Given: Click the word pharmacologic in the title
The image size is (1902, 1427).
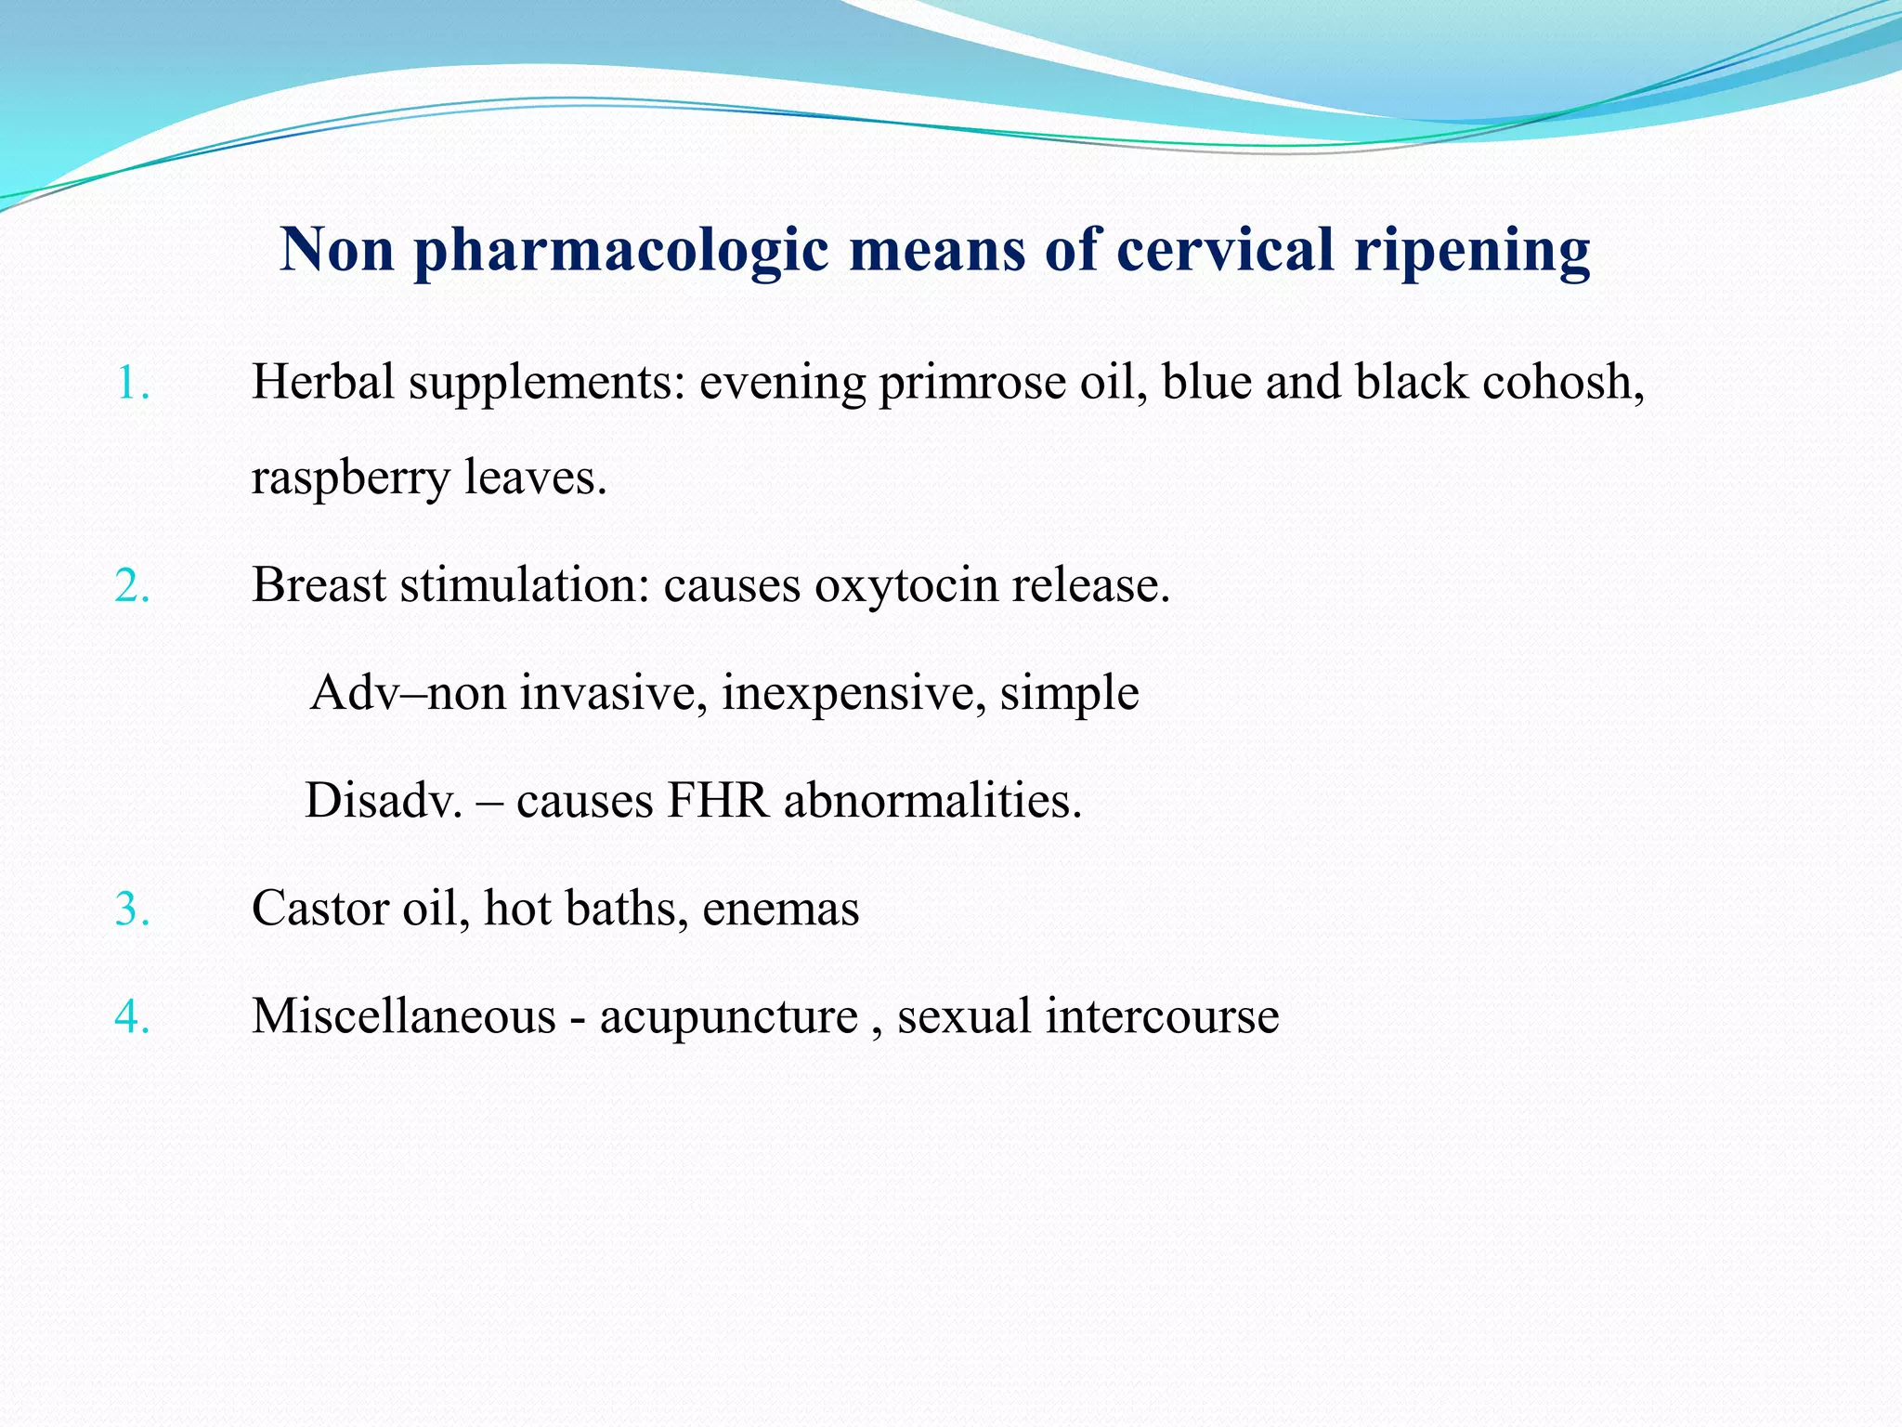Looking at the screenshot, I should [x=620, y=251].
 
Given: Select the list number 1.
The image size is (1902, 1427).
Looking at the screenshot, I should [x=133, y=383].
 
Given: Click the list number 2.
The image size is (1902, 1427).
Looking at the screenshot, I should [x=133, y=585].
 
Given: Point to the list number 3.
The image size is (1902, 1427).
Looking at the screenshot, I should [x=133, y=909].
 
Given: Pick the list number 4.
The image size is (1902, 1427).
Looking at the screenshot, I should [x=133, y=1016].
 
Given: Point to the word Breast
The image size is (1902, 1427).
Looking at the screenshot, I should [x=319, y=585].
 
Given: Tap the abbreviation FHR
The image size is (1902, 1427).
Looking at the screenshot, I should [x=718, y=801].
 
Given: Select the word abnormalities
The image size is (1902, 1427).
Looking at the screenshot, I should [x=932, y=801].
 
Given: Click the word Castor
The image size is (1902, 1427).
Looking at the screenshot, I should [x=319, y=909].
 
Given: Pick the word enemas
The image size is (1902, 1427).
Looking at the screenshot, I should [x=780, y=909].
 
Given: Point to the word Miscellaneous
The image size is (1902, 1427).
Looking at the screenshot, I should [x=403, y=1016].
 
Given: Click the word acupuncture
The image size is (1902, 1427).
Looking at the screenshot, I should [x=728, y=1016].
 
